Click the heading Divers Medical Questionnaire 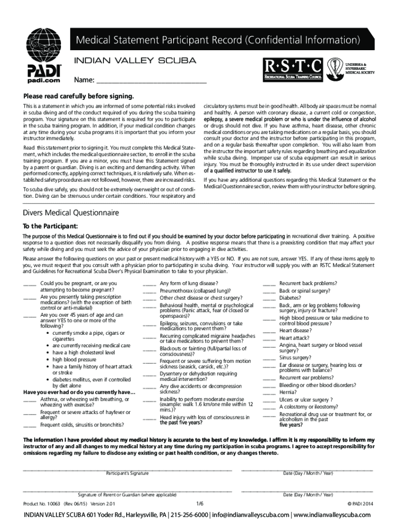point(71,213)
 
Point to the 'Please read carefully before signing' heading point(78,96)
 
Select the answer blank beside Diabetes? point(269,299)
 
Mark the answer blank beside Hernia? point(269,392)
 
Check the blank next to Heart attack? point(269,338)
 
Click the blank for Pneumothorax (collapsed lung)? point(149,291)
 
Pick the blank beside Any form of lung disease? point(149,284)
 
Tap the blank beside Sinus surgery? point(269,358)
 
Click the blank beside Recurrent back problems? point(269,284)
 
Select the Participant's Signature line point(127,469)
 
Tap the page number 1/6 point(200,503)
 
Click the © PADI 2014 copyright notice point(360,503)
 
